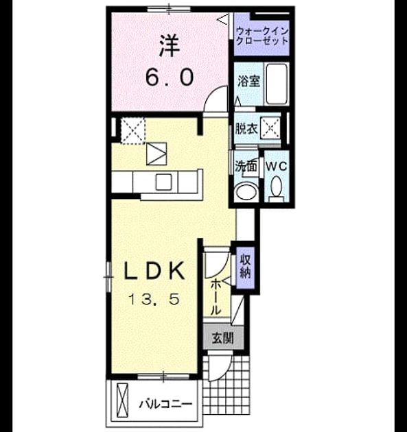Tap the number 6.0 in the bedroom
[x=170, y=77]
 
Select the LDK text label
[x=154, y=271]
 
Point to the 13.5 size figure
[x=154, y=299]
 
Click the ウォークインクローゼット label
[x=262, y=36]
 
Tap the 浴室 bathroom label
[x=248, y=82]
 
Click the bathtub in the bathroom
[x=277, y=84]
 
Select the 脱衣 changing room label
[x=246, y=128]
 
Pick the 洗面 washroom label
[x=246, y=166]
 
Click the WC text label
[x=277, y=166]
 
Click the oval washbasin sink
[x=246, y=192]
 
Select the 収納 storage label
[x=245, y=267]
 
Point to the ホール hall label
[x=216, y=297]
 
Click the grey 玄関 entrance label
[x=223, y=338]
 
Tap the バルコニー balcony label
[x=165, y=405]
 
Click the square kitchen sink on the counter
[x=163, y=182]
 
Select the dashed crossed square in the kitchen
[x=133, y=130]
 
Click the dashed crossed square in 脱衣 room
[x=270, y=128]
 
